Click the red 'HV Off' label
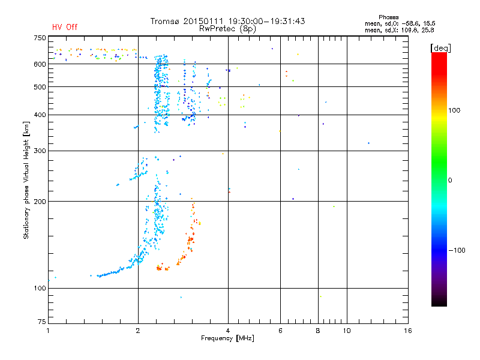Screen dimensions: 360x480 click(x=64, y=27)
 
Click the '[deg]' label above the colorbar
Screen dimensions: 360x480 click(x=440, y=47)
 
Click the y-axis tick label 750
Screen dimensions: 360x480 click(x=40, y=38)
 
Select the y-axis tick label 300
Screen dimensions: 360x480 click(x=40, y=151)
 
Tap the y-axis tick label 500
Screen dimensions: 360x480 click(x=40, y=87)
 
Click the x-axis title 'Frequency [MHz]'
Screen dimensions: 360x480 click(x=227, y=339)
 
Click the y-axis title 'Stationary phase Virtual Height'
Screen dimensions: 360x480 click(x=26, y=180)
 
